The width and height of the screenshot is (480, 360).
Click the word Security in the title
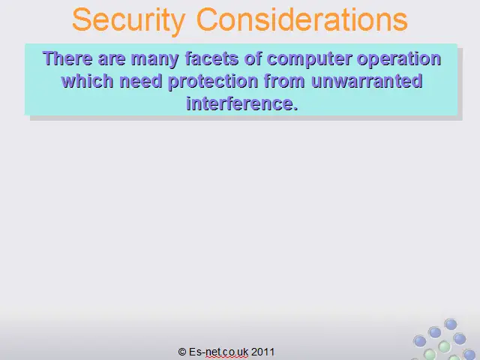129,20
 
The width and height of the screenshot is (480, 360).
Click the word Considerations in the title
301,19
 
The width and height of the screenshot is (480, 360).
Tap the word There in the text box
67,58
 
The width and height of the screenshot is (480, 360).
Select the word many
155,59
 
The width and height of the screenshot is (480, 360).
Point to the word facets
211,58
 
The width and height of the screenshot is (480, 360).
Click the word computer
309,59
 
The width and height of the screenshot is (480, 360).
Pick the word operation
399,59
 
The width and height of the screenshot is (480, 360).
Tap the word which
87,81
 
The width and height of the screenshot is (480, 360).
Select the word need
140,81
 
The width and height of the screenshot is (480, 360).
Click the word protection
213,82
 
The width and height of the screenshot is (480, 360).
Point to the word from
284,81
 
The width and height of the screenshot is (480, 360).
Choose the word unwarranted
367,81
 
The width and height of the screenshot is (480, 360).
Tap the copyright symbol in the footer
182,352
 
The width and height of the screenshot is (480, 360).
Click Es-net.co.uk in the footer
218,352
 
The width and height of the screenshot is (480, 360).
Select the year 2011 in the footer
263,352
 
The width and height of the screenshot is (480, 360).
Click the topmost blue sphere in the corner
451,324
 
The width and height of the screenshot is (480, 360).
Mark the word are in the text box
112,59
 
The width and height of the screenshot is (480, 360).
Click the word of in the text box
253,58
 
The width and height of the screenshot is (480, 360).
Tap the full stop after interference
295,108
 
